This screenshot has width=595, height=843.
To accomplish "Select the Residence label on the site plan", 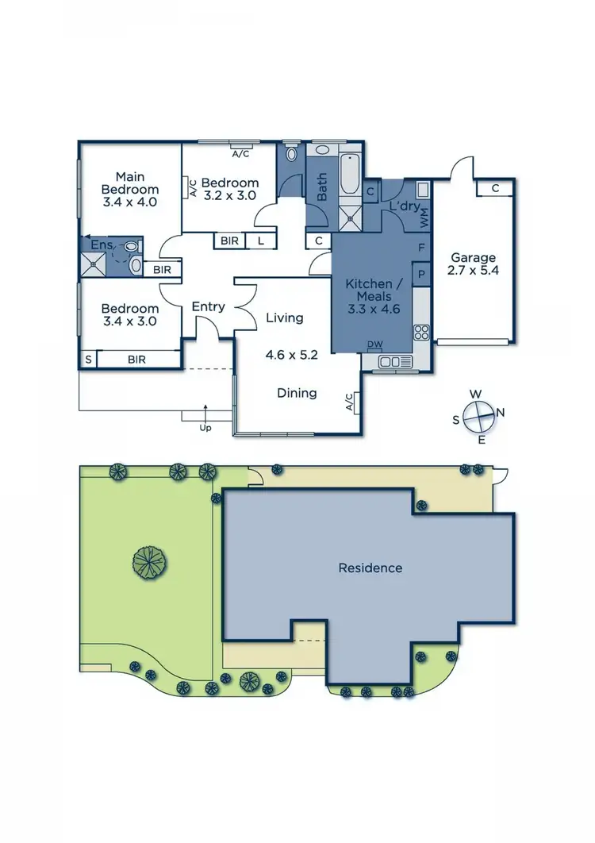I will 370,568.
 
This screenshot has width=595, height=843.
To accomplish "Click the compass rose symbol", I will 478,415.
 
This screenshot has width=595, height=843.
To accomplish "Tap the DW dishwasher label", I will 374,344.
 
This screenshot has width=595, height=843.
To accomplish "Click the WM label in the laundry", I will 424,220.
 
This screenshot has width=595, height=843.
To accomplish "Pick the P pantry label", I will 421,274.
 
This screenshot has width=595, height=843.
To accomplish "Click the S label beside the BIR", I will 87,360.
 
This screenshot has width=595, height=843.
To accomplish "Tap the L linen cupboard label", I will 259,241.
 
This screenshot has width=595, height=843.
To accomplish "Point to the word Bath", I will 322,187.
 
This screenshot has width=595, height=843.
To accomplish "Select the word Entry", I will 209,306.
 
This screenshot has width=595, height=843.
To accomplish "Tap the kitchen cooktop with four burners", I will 421,331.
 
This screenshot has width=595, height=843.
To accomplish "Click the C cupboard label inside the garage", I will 494,188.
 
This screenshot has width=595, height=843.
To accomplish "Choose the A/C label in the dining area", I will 350,403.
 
